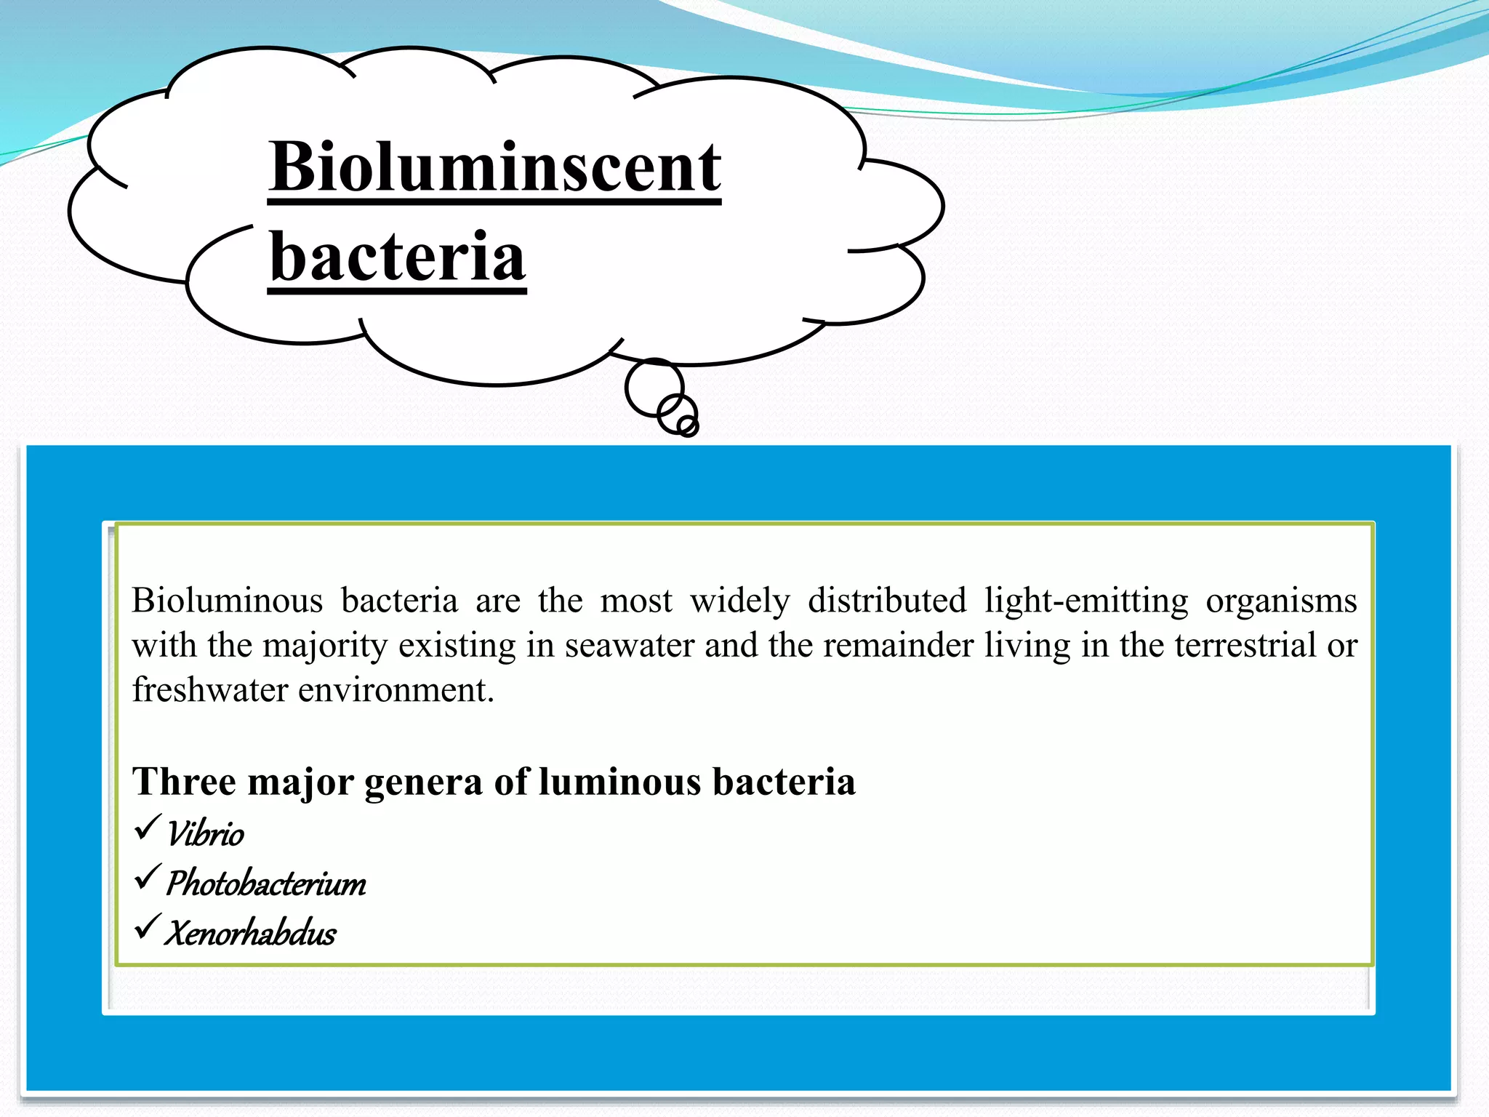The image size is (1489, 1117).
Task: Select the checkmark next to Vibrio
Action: tap(147, 828)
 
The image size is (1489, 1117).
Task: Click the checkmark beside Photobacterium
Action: tap(147, 878)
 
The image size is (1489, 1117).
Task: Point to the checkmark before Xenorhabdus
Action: tap(147, 927)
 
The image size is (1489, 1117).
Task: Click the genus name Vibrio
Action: tap(206, 833)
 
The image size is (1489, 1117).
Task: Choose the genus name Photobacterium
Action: tap(266, 883)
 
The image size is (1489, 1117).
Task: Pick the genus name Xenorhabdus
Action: tap(251, 932)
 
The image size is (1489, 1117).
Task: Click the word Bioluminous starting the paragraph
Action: tap(227, 601)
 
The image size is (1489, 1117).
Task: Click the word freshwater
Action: tap(209, 689)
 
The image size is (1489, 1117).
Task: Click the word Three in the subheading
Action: tap(184, 782)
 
